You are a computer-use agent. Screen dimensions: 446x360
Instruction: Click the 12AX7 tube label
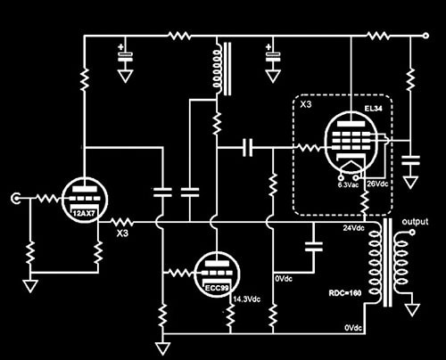pos(85,213)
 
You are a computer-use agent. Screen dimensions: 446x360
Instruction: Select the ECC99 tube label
pos(218,288)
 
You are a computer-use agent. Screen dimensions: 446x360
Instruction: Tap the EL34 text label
pos(374,109)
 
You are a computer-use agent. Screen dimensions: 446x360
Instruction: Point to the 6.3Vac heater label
pos(348,184)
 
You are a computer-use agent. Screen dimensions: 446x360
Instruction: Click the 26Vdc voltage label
pos(377,184)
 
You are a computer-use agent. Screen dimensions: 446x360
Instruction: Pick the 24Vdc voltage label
pos(353,228)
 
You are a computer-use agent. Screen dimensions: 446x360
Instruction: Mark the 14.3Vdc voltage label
pos(247,299)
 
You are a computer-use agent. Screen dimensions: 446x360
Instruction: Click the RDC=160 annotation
pos(345,293)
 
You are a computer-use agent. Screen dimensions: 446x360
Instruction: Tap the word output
pos(415,222)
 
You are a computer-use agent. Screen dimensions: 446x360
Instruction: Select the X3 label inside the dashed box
pos(306,104)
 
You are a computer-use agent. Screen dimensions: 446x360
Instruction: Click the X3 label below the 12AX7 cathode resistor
pos(122,233)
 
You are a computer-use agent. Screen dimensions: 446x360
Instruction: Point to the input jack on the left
pos(15,199)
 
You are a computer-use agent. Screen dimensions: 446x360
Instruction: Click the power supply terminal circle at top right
pos(425,36)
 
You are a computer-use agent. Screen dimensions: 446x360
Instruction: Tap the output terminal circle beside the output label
pos(412,233)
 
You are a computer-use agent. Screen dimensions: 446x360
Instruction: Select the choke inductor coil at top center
pos(218,69)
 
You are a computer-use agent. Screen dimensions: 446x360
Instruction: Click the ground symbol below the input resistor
pos(30,286)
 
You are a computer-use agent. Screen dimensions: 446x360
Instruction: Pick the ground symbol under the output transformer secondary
pos(412,309)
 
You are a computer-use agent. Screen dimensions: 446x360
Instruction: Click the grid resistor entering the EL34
pos(310,148)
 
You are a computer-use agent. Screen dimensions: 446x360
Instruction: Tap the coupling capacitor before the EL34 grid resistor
pos(247,148)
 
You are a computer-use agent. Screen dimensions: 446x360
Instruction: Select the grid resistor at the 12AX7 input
pos(48,199)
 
